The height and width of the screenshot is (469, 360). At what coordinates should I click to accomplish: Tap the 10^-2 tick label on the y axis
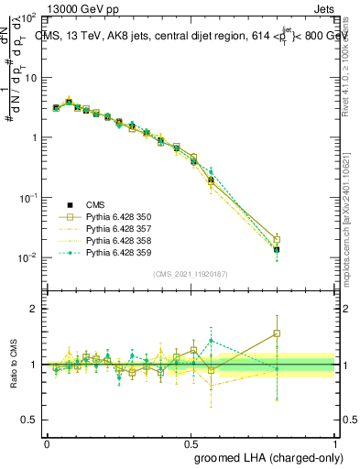[x=26, y=257]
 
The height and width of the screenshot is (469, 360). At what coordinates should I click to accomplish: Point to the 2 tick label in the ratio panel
[x=33, y=309]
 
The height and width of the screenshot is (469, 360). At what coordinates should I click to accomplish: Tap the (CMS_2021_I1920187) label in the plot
[x=191, y=274]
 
